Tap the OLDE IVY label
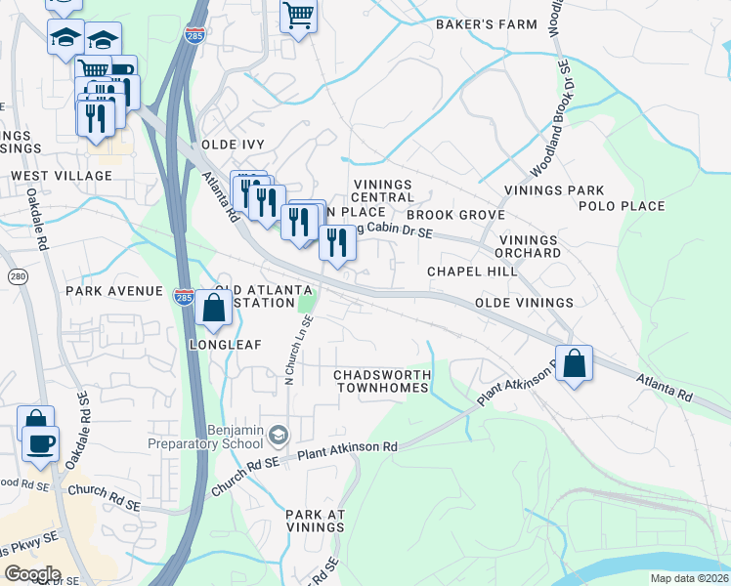click(233, 144)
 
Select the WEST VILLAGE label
click(62, 175)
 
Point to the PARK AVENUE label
click(113, 291)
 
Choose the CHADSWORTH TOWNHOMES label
click(381, 381)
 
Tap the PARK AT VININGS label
click(316, 521)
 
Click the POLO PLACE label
click(622, 206)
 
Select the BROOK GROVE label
click(455, 214)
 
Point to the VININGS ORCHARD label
click(529, 246)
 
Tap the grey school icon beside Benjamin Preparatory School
click(279, 434)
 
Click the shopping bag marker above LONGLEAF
click(213, 309)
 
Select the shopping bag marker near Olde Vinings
click(575, 362)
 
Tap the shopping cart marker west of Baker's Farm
click(298, 16)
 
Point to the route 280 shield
click(17, 277)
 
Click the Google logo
click(32, 574)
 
